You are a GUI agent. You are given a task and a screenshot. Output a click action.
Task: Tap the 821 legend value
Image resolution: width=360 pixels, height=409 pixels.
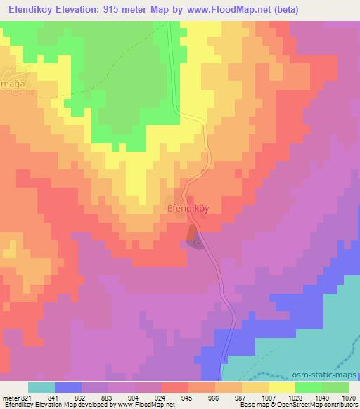[x=26, y=398]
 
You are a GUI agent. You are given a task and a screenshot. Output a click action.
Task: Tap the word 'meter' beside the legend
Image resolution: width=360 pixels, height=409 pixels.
[x=10, y=398]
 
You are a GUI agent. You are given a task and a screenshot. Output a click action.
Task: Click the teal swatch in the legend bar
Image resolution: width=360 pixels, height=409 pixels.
[x=41, y=387]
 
